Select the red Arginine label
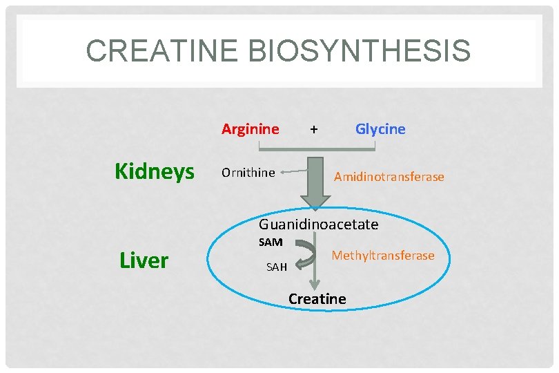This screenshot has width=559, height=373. (250, 129)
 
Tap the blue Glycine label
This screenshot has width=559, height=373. (380, 129)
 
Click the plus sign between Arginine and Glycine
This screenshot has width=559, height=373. (314, 129)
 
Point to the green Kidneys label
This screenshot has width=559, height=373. (155, 171)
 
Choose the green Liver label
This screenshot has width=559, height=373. (144, 260)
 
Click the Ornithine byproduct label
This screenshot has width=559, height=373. (248, 173)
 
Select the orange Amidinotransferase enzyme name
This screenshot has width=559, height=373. (389, 177)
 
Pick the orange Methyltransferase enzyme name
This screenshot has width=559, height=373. (383, 256)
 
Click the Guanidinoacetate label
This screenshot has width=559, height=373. (318, 224)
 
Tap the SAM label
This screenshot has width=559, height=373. (271, 242)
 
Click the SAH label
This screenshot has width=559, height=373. (276, 267)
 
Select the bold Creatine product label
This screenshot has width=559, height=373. (317, 299)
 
